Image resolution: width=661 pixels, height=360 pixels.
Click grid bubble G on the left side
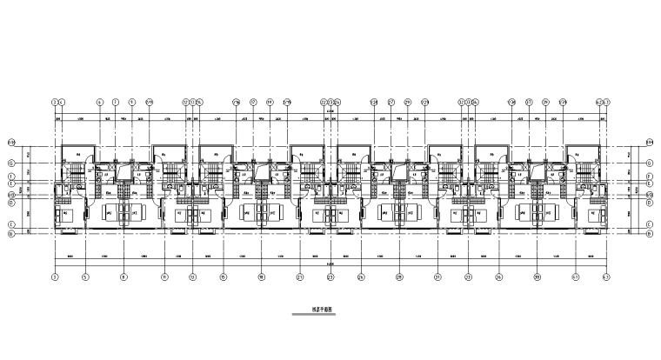coord(11,163)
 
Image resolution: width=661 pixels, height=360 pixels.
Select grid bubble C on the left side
coord(11,223)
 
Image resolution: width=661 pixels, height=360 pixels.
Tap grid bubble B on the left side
coord(11,232)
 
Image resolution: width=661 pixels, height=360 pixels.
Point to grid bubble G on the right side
coord(650,163)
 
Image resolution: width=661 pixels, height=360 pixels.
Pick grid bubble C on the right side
coord(650,223)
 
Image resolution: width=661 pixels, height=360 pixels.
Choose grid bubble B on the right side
coord(650,232)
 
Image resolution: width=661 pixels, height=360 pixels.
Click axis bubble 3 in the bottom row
coord(55,277)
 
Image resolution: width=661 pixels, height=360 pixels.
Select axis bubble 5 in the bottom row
coord(85,277)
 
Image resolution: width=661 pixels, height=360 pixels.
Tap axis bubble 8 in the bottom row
coord(124,277)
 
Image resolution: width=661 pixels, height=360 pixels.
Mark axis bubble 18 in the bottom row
coord(261,277)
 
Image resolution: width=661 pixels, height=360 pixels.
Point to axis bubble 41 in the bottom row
coord(576,277)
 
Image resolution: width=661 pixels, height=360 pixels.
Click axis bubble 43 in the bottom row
coord(606,277)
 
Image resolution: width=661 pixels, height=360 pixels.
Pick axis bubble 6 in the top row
coord(99,101)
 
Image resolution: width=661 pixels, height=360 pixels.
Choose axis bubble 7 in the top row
coord(115,101)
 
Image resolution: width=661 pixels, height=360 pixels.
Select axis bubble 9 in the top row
coord(132,101)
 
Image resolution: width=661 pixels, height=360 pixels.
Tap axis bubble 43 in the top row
coord(606,101)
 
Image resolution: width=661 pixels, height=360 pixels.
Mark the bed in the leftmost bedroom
coord(66,211)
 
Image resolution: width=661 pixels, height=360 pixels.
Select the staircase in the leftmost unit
coord(77,177)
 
